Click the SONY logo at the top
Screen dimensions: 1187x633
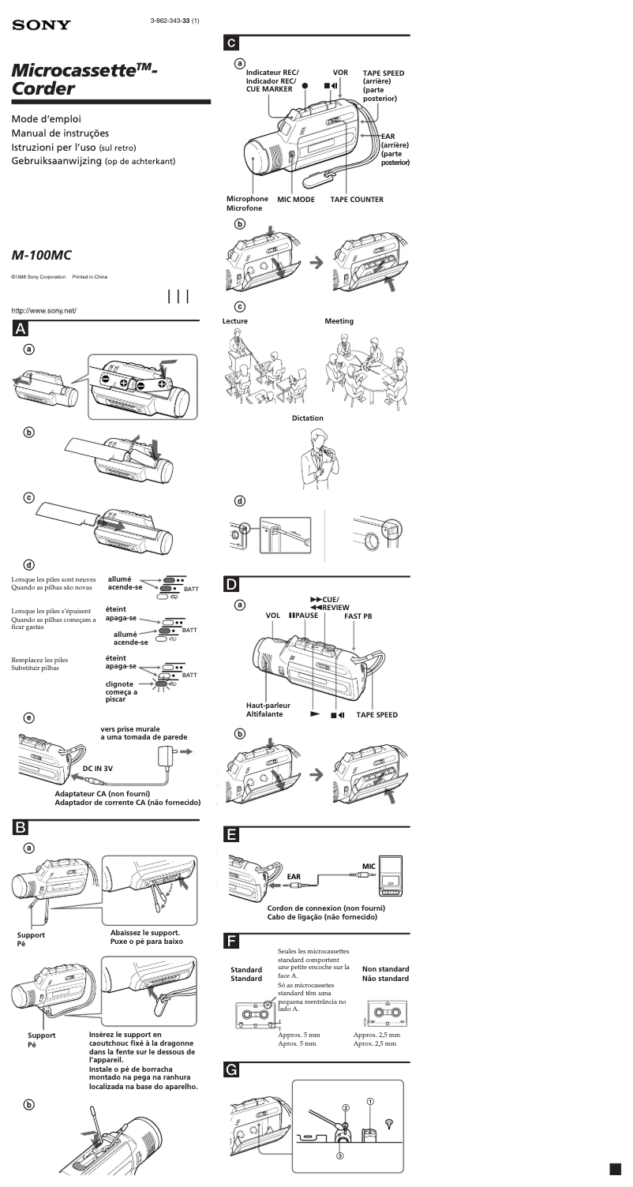[41, 25]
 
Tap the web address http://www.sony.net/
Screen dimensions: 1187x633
[43, 310]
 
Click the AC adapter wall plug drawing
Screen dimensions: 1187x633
[167, 753]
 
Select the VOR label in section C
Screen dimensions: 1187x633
[340, 72]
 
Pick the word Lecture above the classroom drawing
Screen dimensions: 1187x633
[235, 321]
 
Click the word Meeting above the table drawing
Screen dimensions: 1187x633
[339, 321]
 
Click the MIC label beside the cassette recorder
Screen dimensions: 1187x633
[368, 866]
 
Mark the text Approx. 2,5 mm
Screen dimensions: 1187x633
[376, 1035]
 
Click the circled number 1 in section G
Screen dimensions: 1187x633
[371, 1102]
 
